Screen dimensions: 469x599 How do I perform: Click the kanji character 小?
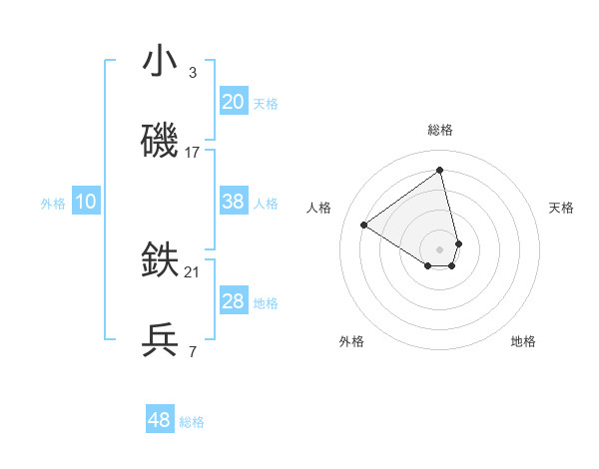pyautogui.click(x=160, y=62)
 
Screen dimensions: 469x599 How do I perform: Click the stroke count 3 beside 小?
pyautogui.click(x=192, y=73)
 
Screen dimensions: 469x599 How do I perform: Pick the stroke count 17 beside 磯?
pyautogui.click(x=193, y=153)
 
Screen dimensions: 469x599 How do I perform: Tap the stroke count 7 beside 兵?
pyautogui.click(x=192, y=352)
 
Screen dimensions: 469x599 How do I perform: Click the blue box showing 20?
pyautogui.click(x=234, y=102)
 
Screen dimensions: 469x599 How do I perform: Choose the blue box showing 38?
pyautogui.click(x=234, y=202)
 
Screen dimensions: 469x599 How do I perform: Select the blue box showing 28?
pyautogui.click(x=234, y=301)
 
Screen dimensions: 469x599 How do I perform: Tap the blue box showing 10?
pyautogui.click(x=86, y=202)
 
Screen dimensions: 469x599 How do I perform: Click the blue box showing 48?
pyautogui.click(x=160, y=420)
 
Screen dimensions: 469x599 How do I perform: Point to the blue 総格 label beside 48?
pyautogui.click(x=192, y=422)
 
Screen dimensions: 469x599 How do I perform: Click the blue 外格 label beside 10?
pyautogui.click(x=53, y=204)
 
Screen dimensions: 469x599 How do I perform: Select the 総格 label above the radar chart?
pyautogui.click(x=439, y=130)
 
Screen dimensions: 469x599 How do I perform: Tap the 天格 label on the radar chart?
pyautogui.click(x=562, y=208)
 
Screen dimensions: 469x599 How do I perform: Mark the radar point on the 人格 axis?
pyautogui.click(x=364, y=225)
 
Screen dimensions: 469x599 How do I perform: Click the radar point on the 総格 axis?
pyautogui.click(x=439, y=171)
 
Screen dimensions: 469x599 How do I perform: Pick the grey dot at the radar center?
pyautogui.click(x=439, y=248)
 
